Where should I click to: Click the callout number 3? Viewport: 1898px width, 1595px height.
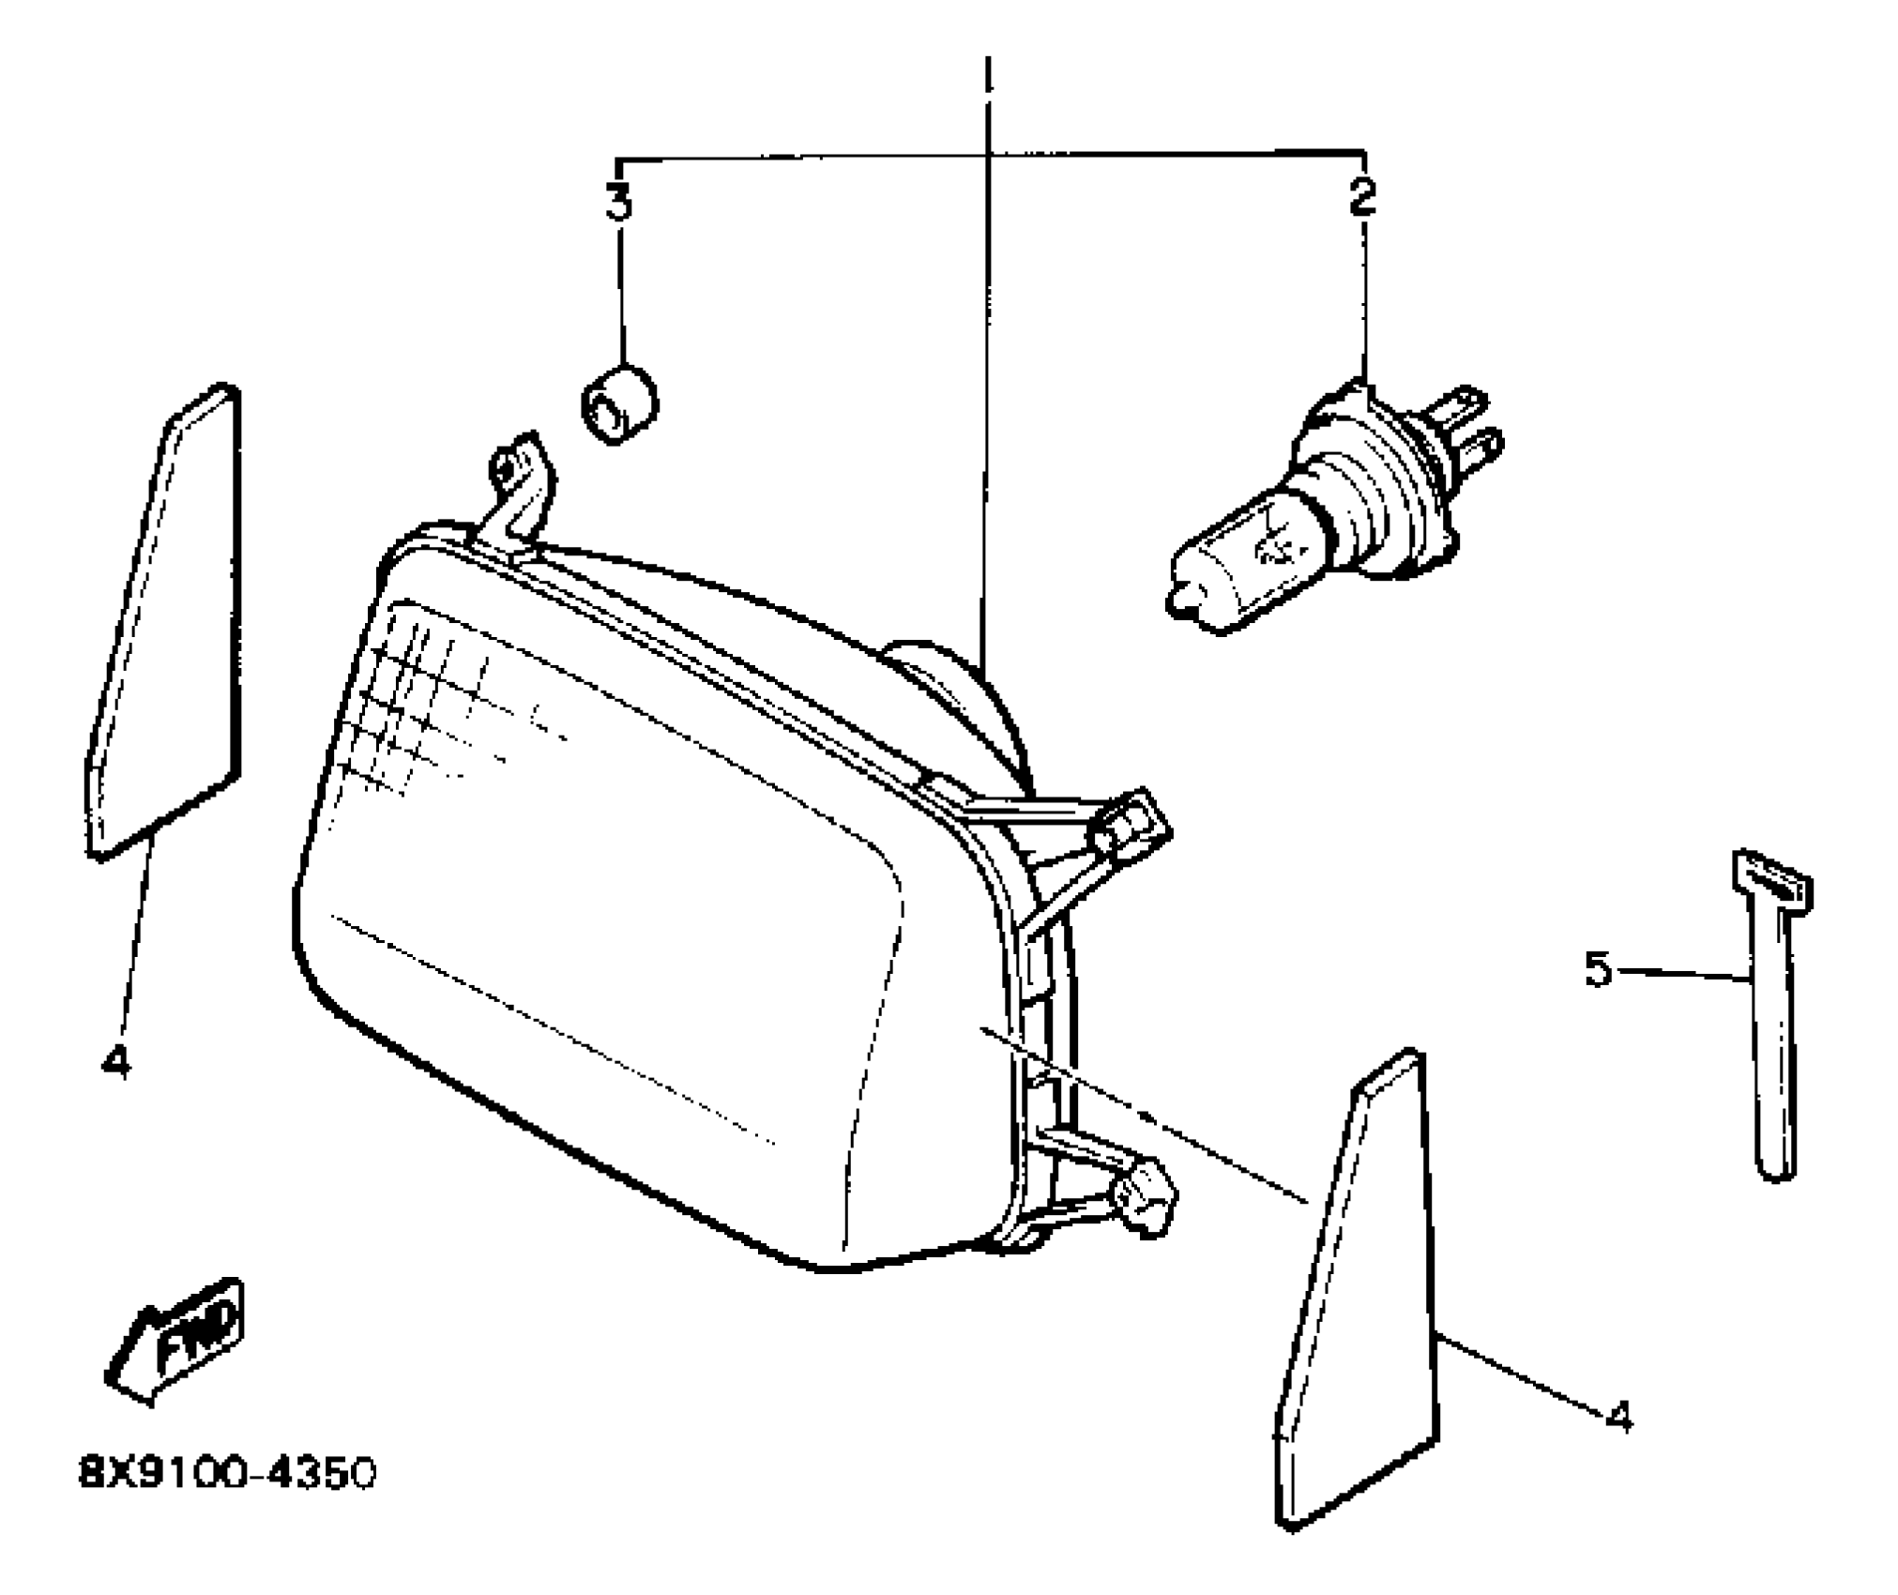pyautogui.click(x=618, y=202)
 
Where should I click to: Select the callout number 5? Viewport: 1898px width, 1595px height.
pyautogui.click(x=1598, y=969)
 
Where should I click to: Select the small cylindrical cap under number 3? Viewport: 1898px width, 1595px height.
pyautogui.click(x=618, y=404)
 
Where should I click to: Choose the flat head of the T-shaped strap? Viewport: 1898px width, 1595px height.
pyautogui.click(x=1770, y=882)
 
